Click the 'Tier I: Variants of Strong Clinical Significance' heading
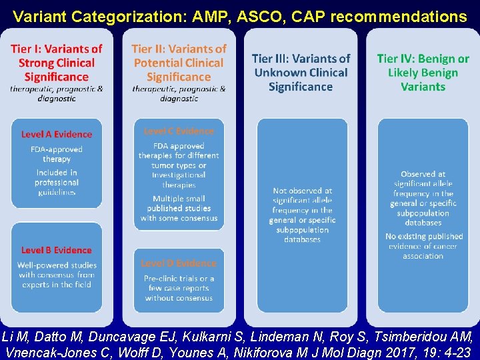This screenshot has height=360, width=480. [x=57, y=63]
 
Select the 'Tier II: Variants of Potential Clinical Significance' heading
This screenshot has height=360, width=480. [x=179, y=63]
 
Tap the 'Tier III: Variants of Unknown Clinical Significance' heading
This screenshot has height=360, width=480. [x=301, y=73]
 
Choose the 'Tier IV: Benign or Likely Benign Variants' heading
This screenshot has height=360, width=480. [x=423, y=73]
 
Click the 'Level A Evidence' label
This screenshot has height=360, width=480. [x=57, y=134]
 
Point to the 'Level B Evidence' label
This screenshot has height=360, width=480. [x=57, y=250]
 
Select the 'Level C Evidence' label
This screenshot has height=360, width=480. [x=179, y=131]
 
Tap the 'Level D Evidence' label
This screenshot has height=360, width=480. [x=179, y=263]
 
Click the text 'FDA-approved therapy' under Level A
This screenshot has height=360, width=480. [x=57, y=154]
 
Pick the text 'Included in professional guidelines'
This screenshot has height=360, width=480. [x=57, y=182]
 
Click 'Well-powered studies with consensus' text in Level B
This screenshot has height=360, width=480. [x=57, y=275]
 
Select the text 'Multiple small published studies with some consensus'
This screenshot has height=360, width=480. [x=179, y=208]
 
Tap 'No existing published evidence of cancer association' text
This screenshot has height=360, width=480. [x=423, y=246]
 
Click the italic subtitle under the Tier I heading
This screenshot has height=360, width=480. [x=57, y=93]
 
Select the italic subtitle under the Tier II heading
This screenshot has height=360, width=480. [x=179, y=93]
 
